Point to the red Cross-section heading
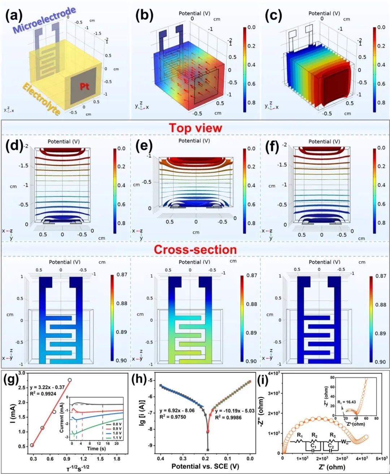[195, 250]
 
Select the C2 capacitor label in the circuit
[331, 447]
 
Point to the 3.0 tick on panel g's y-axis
[21, 373]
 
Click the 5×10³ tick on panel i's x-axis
[382, 459]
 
